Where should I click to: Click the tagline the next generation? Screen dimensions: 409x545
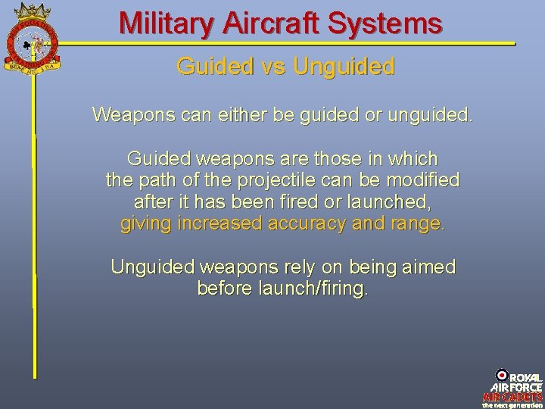pyautogui.click(x=512, y=404)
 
